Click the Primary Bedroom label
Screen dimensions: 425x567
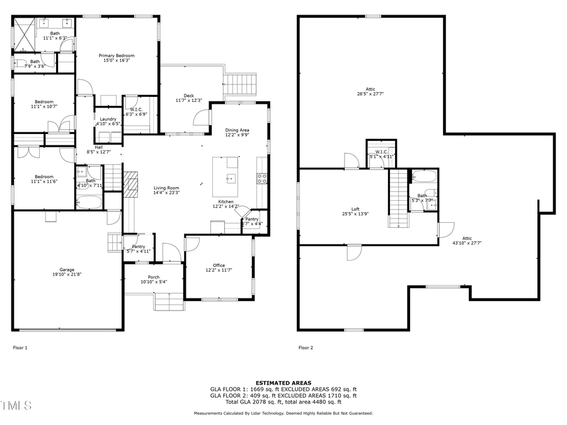pos(117,59)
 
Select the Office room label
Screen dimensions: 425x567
pos(219,268)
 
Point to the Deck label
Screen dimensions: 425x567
pos(188,98)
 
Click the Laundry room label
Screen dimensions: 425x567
pos(108,122)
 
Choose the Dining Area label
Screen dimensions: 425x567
pos(237,132)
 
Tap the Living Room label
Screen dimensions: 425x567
pos(166,190)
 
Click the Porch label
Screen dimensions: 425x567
pos(154,280)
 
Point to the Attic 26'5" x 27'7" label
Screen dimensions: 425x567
pos(370,91)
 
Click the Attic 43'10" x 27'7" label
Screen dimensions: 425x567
pos(467,240)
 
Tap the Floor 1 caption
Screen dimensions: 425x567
pos(20,348)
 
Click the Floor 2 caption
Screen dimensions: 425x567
pos(305,348)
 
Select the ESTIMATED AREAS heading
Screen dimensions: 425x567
pos(283,383)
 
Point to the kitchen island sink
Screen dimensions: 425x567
pos(231,178)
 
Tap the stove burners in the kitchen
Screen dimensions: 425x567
pos(262,178)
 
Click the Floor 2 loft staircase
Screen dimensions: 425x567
pos(398,199)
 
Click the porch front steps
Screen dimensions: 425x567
pos(169,303)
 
